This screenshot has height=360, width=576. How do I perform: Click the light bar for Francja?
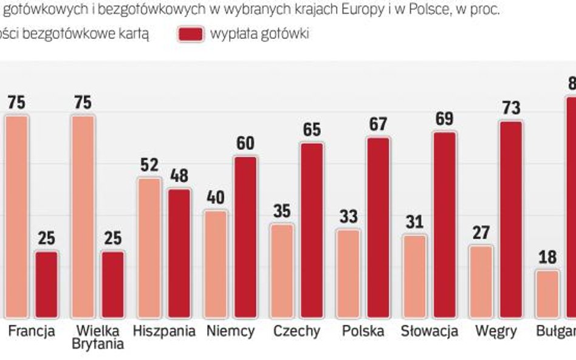(17, 216)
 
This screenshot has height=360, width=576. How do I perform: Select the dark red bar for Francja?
(46, 284)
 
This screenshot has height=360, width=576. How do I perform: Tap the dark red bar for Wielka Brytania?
(112, 284)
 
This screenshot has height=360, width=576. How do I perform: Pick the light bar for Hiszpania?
(149, 248)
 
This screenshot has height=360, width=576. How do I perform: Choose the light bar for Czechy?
(282, 271)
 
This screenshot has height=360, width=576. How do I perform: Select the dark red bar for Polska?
(378, 227)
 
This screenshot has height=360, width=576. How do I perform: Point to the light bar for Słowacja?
(414, 276)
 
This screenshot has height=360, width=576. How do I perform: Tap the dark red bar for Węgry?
(510, 219)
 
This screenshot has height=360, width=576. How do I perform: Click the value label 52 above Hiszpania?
(149, 165)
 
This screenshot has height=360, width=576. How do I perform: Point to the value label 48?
(179, 176)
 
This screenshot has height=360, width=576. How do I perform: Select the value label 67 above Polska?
(378, 124)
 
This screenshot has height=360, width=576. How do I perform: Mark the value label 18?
(547, 257)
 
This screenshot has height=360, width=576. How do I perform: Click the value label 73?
(511, 108)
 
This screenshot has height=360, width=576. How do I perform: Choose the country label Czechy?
(297, 331)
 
